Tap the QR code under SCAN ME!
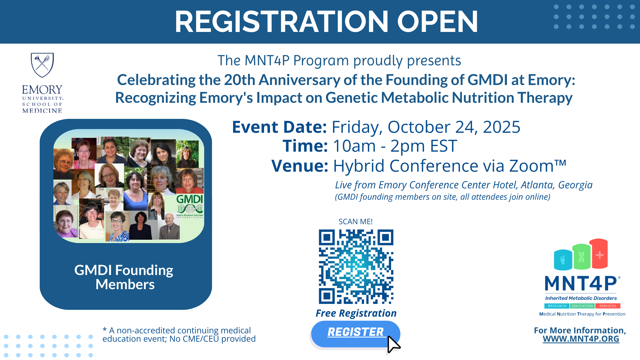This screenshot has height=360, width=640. pos(356,267)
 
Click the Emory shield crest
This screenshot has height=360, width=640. pos(42,65)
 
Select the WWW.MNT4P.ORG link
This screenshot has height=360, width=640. pos(581,339)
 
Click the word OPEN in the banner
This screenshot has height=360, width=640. pos(437,22)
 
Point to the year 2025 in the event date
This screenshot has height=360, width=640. pos(501,127)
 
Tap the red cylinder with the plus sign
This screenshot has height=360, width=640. pos(599,253)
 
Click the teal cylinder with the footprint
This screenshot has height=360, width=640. pos(563,259)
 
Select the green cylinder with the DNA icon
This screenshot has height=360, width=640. pos(581,256)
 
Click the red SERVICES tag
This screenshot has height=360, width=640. pos(608,306)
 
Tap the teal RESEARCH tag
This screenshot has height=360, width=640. pos(557,306)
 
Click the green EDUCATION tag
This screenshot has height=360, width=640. pos(582,306)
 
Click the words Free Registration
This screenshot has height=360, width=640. pos(356,313)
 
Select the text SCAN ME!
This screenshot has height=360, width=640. pos(356,221)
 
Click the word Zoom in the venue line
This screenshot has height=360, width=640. pos(531,166)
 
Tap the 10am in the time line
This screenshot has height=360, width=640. pos(354,146)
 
